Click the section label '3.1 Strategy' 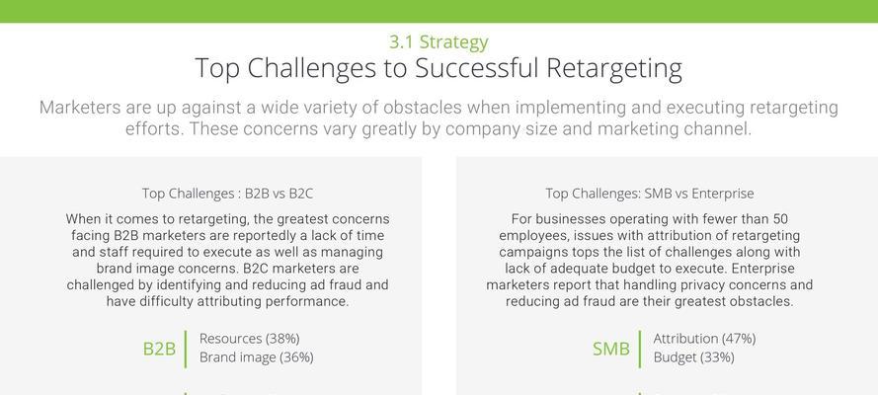439,42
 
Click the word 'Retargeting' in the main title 614,69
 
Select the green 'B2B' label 159,349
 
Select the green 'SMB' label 611,349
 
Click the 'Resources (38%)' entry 250,339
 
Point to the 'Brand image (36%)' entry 257,356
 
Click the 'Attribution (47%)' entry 704,339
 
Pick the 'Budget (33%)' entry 693,356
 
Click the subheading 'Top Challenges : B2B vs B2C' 227,194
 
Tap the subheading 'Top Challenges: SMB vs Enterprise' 650,194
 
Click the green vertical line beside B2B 186,350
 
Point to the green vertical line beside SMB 639,350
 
